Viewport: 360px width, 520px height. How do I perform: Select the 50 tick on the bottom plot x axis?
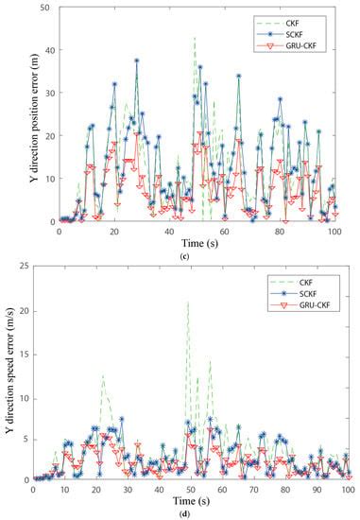point(191,491)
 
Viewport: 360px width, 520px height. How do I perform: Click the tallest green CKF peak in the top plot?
point(195,38)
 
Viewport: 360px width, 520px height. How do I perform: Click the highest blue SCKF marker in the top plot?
point(136,61)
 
